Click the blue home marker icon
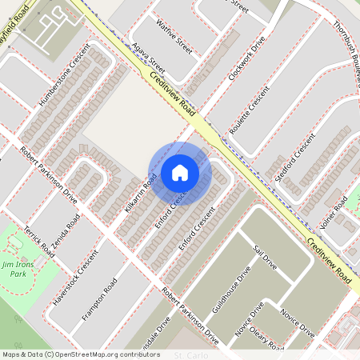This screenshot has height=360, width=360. pyautogui.click(x=180, y=172)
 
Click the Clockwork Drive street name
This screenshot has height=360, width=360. pyautogui.click(x=250, y=59)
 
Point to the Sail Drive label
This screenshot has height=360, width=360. pyautogui.click(x=263, y=259)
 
